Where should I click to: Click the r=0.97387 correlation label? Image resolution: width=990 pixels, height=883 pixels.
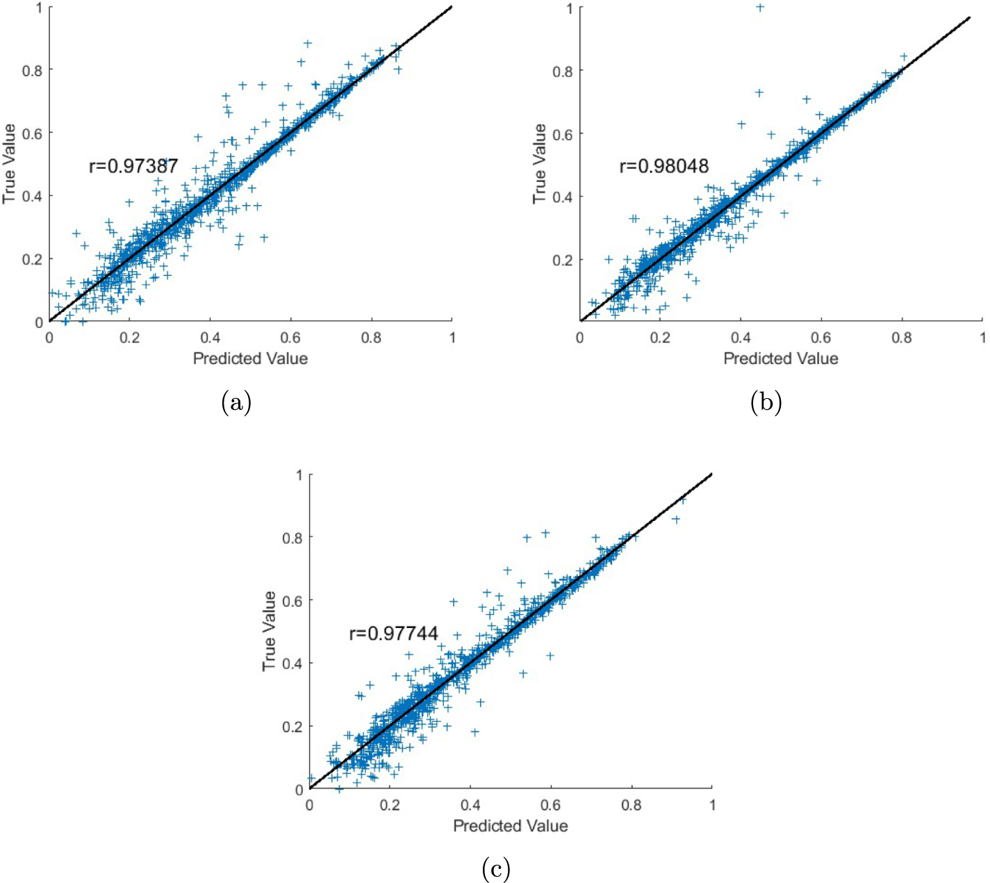click(133, 166)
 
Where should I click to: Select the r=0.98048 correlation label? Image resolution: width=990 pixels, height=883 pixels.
click(664, 166)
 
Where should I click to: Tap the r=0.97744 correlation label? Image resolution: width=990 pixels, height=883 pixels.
click(393, 634)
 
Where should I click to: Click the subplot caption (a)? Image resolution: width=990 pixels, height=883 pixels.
click(236, 403)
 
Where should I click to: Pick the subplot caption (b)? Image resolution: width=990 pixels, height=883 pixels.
click(766, 403)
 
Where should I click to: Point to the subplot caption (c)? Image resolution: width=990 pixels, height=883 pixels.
click(496, 869)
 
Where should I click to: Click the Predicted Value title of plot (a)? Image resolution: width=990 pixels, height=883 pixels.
click(250, 358)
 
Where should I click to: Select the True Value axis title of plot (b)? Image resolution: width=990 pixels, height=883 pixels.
click(540, 164)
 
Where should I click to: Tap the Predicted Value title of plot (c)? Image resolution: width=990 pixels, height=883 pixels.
click(511, 826)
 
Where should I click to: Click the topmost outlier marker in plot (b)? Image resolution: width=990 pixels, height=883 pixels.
click(760, 8)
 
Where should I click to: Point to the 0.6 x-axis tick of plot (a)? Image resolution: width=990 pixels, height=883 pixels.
click(290, 338)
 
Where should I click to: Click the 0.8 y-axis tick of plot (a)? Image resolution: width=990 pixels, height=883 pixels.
click(33, 70)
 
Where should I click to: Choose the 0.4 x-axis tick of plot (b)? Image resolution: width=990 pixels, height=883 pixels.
click(741, 338)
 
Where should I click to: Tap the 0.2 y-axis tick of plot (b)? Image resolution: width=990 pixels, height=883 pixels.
click(563, 260)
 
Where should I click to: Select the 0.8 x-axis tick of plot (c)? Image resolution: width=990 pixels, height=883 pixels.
click(632, 805)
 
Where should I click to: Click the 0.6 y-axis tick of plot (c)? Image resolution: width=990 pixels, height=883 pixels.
click(293, 600)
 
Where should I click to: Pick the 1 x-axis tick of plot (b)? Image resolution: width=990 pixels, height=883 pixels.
click(982, 338)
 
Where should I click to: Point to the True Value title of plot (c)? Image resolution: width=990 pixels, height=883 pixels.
click(270, 631)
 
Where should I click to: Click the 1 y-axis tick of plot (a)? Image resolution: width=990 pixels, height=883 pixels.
click(39, 8)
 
